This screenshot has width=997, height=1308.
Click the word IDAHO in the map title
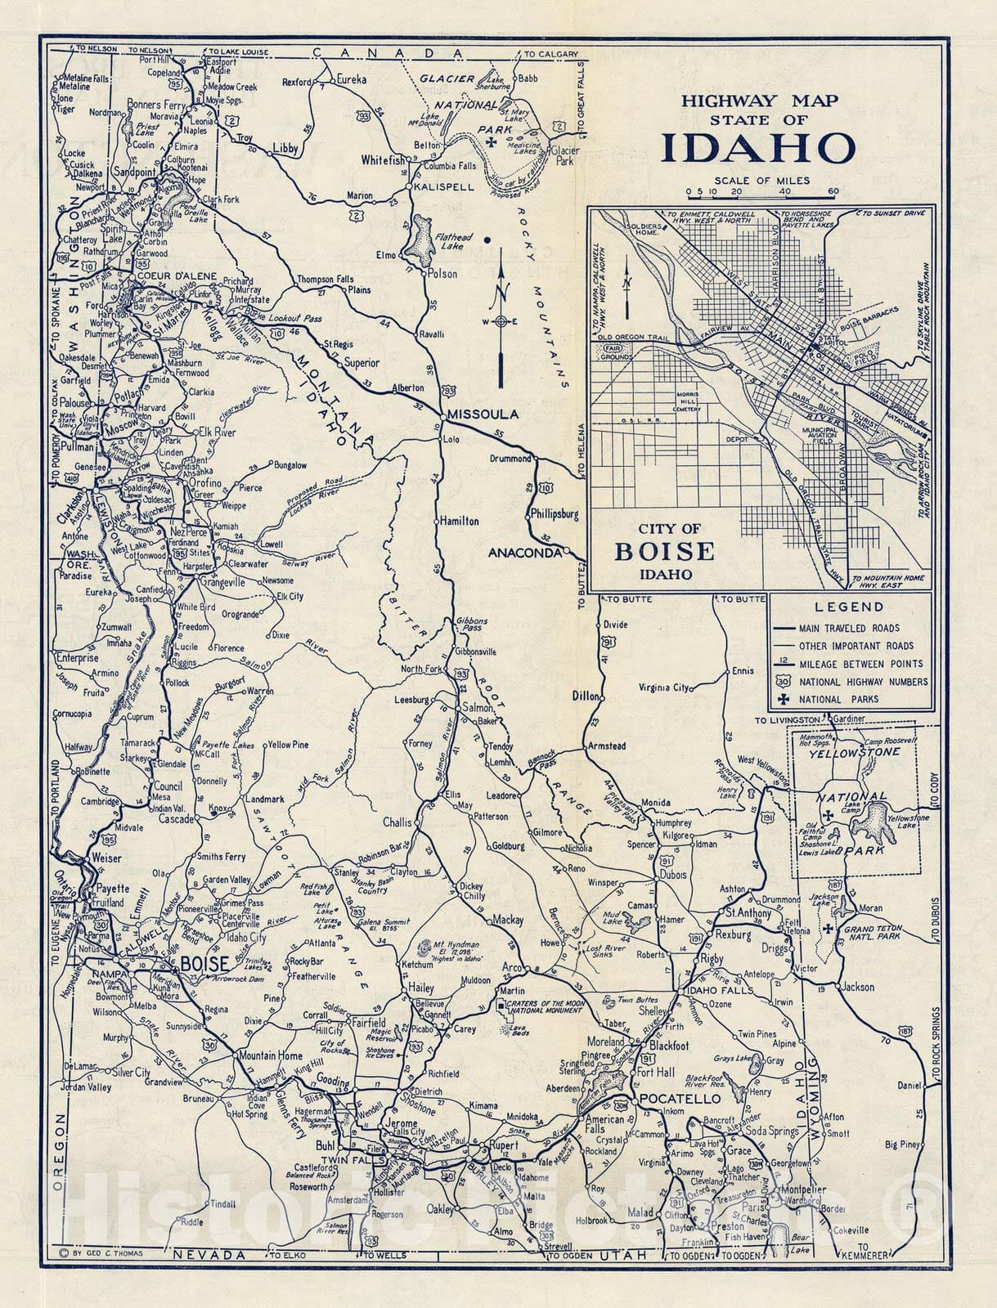point(757,149)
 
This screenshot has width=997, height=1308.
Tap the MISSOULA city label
point(483,414)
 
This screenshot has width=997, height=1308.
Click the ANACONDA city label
point(524,553)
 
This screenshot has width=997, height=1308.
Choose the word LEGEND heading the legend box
point(849,607)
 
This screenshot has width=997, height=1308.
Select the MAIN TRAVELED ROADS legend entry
point(849,628)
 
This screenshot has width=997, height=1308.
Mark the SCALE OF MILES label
point(761,181)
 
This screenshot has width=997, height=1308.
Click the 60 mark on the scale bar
point(833,193)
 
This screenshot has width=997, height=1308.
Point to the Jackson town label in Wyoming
point(858,987)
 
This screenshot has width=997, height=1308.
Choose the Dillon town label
point(586,697)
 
